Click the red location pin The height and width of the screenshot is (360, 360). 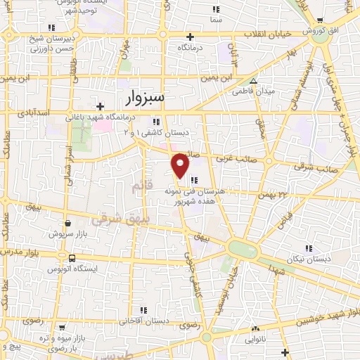click(181, 164)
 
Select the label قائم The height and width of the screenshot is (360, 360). click(140, 187)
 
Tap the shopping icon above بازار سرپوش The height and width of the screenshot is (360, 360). click(67, 222)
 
